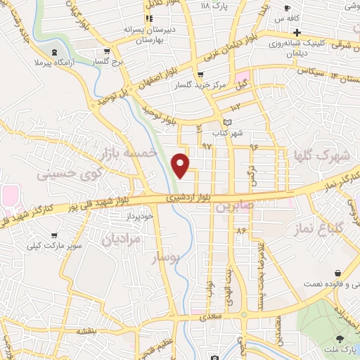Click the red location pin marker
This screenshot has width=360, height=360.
click(x=181, y=165)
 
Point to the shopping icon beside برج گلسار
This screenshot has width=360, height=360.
click(x=105, y=51)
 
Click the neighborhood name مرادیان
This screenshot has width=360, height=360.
click(x=122, y=239)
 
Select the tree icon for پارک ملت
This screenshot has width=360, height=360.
click(x=341, y=340)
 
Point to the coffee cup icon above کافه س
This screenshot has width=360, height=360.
click(x=287, y=8)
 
